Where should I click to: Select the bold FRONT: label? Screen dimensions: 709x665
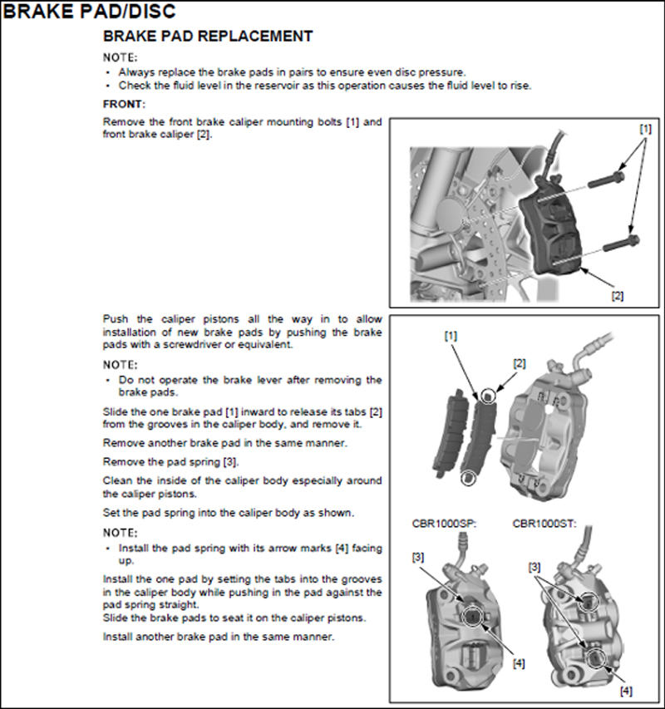tap(124, 104)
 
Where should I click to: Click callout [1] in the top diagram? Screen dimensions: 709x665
tap(645, 130)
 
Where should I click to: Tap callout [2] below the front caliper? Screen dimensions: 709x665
tap(618, 295)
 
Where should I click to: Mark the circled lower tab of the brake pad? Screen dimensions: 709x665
tap(470, 477)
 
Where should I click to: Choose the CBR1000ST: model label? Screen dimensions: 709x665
tap(544, 524)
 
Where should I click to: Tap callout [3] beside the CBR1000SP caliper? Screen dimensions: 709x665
tap(418, 557)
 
